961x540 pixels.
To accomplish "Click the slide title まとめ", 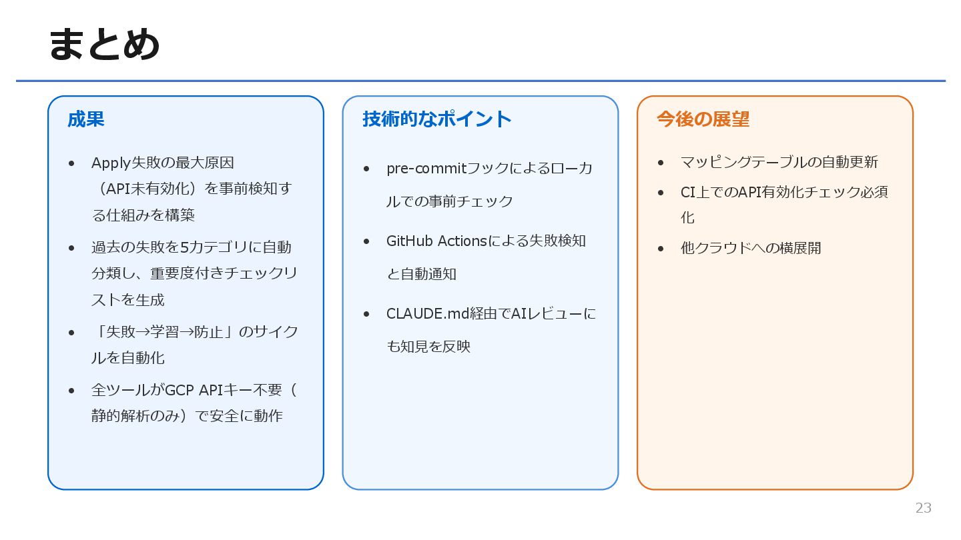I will pyautogui.click(x=104, y=45).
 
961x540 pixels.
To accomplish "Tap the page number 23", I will pyautogui.click(x=923, y=508).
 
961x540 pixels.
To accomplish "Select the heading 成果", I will pyautogui.click(x=85, y=119).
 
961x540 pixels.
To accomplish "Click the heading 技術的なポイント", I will pyautogui.click(x=437, y=119).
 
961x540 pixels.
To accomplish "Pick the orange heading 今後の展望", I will pyautogui.click(x=703, y=119).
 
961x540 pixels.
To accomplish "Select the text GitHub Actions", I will pyautogui.click(x=436, y=241).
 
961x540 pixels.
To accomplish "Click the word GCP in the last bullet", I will pyautogui.click(x=178, y=390).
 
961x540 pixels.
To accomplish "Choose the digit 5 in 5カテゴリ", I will pyautogui.click(x=185, y=248).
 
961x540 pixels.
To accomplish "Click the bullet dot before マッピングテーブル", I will pyautogui.click(x=661, y=163).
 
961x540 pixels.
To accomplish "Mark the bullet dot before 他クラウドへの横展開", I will pyautogui.click(x=661, y=249).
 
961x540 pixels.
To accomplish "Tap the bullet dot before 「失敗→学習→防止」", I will pyautogui.click(x=71, y=332).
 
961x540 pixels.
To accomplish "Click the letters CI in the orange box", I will pyautogui.click(x=688, y=193).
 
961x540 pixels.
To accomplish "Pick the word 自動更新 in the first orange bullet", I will pyautogui.click(x=849, y=162).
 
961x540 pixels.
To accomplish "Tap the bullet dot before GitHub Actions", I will pyautogui.click(x=366, y=241).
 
